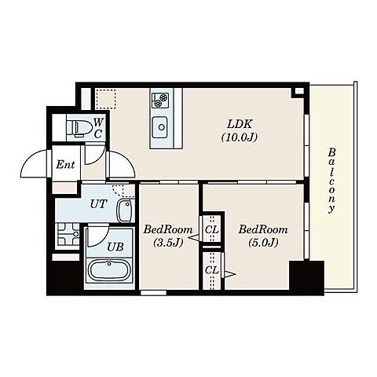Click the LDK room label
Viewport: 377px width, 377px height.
[240, 130]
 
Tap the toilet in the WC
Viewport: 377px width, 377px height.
[79, 128]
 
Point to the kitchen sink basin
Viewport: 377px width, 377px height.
[160, 127]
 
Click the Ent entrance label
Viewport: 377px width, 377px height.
[65, 164]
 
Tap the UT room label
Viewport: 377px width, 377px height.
[99, 203]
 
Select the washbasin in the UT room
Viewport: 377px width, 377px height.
[125, 210]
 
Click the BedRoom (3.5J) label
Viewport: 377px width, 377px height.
[168, 236]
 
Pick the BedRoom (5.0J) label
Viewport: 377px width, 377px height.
[263, 236]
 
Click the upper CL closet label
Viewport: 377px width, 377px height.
[211, 230]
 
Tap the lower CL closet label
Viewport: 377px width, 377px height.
[211, 269]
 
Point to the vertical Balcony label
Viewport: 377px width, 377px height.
[332, 181]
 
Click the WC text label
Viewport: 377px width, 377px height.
[97, 128]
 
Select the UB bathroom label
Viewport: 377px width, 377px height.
[115, 247]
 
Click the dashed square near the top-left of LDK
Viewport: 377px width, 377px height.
[105, 99]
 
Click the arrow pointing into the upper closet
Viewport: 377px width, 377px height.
[193, 238]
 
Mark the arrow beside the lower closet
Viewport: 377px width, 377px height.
[230, 274]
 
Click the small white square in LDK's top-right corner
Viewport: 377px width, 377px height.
[299, 91]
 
